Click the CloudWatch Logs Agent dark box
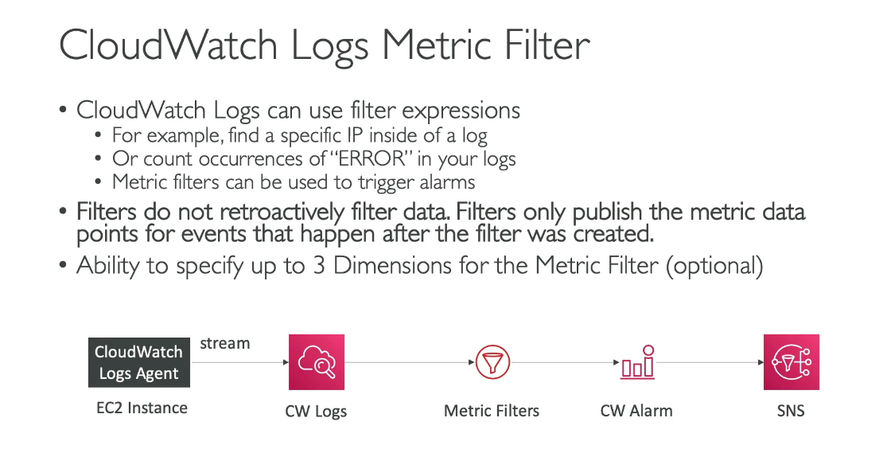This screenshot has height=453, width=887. pyautogui.click(x=139, y=362)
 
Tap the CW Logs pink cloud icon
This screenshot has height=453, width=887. pyautogui.click(x=317, y=361)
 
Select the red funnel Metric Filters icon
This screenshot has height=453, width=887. pyautogui.click(x=492, y=361)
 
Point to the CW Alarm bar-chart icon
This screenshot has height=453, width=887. pyautogui.click(x=637, y=361)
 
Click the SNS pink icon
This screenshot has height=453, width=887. pyautogui.click(x=792, y=361)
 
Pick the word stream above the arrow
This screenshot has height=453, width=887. pyautogui.click(x=224, y=344)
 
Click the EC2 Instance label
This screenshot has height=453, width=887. pyautogui.click(x=142, y=408)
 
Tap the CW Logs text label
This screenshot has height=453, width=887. pyautogui.click(x=316, y=411)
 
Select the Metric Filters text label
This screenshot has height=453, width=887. pyautogui.click(x=492, y=411)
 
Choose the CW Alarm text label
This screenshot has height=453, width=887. pyautogui.click(x=636, y=411)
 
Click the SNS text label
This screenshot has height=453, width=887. pyautogui.click(x=791, y=411)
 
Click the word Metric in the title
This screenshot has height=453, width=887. pyautogui.click(x=438, y=45)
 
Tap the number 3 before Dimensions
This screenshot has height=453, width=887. pyautogui.click(x=319, y=266)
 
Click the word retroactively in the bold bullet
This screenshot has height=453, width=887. pyautogui.click(x=282, y=212)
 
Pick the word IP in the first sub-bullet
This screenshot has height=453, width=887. pyautogui.click(x=355, y=136)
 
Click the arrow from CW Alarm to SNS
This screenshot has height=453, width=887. pyautogui.click(x=710, y=362)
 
